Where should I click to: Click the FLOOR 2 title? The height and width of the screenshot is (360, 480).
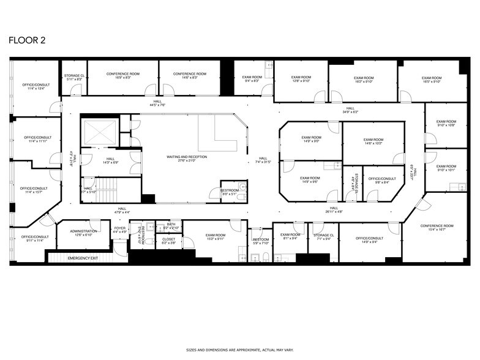[26, 40]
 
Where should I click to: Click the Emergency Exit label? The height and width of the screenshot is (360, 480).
[83, 258]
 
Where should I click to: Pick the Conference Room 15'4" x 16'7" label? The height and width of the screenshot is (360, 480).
[437, 228]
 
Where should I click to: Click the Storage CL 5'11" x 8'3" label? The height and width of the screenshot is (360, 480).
[74, 77]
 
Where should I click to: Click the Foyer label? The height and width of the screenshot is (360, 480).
[119, 230]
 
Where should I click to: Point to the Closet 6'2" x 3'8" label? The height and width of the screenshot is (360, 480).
[169, 241]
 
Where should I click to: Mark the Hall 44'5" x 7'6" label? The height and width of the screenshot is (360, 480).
[158, 103]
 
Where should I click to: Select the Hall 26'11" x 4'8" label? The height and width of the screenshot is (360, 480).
[334, 209]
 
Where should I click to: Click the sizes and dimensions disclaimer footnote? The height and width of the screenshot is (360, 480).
[239, 350]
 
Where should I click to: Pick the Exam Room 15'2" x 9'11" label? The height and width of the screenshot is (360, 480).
[216, 237]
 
